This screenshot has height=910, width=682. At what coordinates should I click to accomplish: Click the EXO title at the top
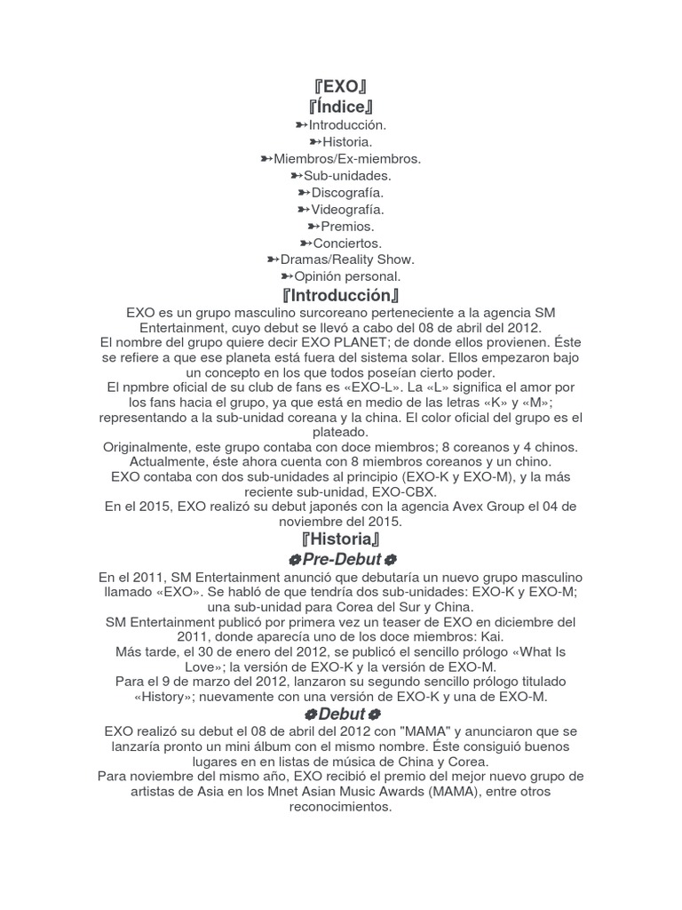pyautogui.click(x=341, y=87)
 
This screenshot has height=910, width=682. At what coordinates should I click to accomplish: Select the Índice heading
pyautogui.click(x=341, y=108)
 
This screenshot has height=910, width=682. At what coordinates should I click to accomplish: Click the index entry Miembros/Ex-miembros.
pyautogui.click(x=347, y=159)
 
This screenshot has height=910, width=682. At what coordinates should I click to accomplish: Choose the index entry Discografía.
pyautogui.click(x=347, y=193)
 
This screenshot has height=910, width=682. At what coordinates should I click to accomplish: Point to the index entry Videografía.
pyautogui.click(x=347, y=210)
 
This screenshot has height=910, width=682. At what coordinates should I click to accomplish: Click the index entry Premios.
pyautogui.click(x=347, y=227)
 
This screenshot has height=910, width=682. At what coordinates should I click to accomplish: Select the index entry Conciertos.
pyautogui.click(x=347, y=243)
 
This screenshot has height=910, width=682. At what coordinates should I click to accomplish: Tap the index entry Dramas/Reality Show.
pyautogui.click(x=347, y=260)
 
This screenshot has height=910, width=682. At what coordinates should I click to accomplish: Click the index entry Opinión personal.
pyautogui.click(x=347, y=277)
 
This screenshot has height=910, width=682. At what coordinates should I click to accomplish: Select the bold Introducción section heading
pyautogui.click(x=341, y=296)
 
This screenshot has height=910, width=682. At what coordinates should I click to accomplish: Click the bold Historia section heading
pyautogui.click(x=341, y=540)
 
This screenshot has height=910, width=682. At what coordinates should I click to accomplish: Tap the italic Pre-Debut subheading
pyautogui.click(x=342, y=560)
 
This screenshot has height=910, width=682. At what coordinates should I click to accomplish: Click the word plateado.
pyautogui.click(x=341, y=431)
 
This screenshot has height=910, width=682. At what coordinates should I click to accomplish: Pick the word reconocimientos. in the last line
pyautogui.click(x=341, y=808)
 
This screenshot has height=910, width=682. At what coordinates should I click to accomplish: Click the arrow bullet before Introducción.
pyautogui.click(x=301, y=125)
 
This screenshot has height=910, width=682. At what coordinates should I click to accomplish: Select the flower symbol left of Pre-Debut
pyautogui.click(x=294, y=560)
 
